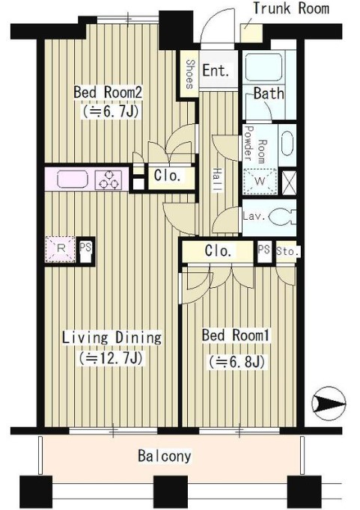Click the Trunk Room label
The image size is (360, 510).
coord(291,8)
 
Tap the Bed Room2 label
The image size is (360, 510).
coord(108,93)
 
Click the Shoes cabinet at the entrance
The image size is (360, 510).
coord(189,74)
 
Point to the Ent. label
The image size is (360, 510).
coord(216,70)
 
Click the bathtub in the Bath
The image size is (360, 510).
coord(263,67)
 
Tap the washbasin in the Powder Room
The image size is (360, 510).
coord(287,144)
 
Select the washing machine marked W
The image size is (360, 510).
coord(260,182)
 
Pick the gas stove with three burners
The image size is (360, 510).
coord(109,179)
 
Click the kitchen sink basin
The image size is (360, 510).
coord(73,179)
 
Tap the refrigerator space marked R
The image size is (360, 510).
coord(61,249)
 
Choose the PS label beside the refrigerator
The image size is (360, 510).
coord(85,248)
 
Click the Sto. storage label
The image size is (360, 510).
coord(287,251)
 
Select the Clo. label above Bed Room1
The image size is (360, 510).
coord(218,251)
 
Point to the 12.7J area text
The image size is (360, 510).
coord(111,358)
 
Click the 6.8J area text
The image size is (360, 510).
coord(237,361)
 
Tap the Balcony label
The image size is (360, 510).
coord(165,455)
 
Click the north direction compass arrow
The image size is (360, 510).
coord(329,404)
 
